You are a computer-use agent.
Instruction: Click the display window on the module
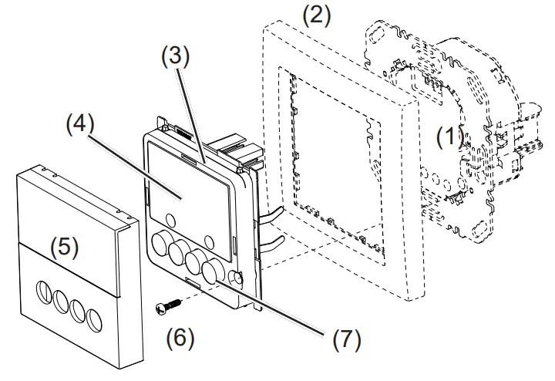[185, 190]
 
